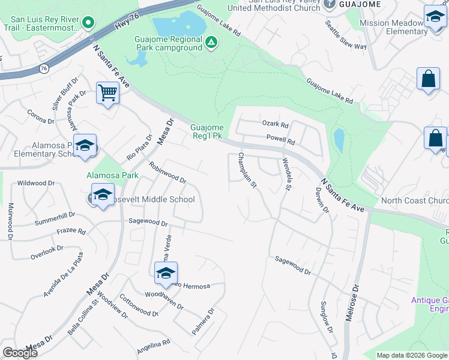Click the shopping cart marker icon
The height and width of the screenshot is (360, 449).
point(107,94)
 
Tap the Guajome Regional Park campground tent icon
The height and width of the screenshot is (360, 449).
point(211,42)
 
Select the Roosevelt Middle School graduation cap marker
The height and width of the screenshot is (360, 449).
point(103,195)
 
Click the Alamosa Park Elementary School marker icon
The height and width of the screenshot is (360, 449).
point(85,146)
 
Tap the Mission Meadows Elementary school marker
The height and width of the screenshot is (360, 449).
point(434,17)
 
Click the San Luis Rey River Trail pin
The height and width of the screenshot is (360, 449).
point(88,23)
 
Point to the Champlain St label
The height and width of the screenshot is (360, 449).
point(247,171)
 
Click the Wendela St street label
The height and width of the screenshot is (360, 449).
point(286,175)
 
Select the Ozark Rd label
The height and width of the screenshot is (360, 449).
point(276,124)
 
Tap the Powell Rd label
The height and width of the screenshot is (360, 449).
point(281,142)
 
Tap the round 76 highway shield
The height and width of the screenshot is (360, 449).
point(44,69)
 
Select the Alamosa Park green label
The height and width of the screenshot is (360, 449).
point(112,176)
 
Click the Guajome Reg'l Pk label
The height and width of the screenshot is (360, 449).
point(207,131)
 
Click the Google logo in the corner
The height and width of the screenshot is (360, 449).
point(20,353)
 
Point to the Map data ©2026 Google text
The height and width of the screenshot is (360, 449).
point(411,355)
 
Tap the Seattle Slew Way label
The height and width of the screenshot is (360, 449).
point(346,35)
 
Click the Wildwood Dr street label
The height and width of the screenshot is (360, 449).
point(36,183)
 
